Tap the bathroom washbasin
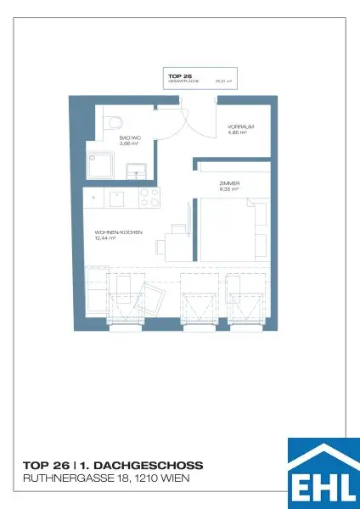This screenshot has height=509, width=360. point(137,172)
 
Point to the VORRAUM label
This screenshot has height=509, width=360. point(241,126)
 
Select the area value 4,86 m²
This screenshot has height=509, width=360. point(237,132)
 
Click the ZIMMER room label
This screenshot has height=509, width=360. point(229,183)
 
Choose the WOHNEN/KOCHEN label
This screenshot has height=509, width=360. point(118,232)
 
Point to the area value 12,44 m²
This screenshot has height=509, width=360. point(105,239)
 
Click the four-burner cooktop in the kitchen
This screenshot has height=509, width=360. point(148,198)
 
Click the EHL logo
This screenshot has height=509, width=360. point(323,474)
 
